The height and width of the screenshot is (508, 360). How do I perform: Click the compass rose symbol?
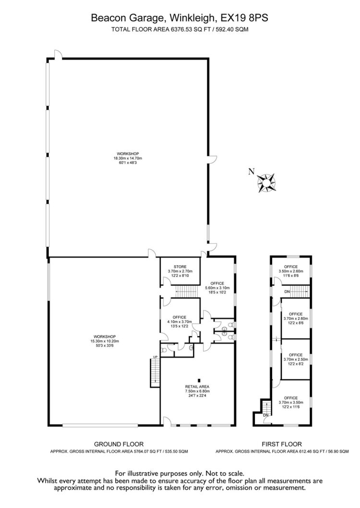[266, 183]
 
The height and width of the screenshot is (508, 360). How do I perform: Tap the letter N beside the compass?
[251, 172]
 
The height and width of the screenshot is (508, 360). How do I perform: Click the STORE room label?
[180, 267]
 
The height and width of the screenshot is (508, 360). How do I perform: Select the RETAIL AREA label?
[197, 387]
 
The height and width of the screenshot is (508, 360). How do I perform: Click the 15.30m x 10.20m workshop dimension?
[105, 341]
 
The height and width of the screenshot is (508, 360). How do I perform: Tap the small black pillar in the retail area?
[199, 380]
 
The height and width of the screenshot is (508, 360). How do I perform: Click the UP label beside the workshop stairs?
[155, 357]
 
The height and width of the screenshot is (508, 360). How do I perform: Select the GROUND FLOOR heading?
[119, 444]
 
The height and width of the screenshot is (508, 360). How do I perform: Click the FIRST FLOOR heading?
[282, 444]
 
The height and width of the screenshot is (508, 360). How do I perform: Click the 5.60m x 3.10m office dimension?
[217, 288]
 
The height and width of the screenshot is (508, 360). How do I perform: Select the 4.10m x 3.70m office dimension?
[180, 322]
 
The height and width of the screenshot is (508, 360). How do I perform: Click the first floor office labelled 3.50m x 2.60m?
[291, 271]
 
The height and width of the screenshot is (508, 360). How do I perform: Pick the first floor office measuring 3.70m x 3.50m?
[291, 402]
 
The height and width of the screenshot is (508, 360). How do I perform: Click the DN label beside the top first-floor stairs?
[287, 292]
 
